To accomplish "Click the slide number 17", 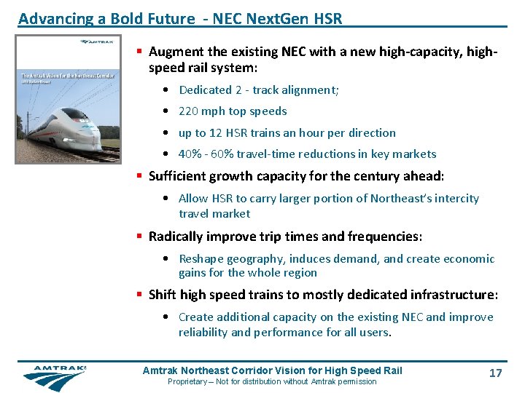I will pyautogui.click(x=495, y=373).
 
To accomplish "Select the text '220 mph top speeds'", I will pyautogui.click(x=233, y=111).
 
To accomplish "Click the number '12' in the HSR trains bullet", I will pyautogui.click(x=216, y=133).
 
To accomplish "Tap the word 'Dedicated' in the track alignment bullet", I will pyautogui.click(x=205, y=90).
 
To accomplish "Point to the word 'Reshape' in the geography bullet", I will pyautogui.click(x=201, y=259).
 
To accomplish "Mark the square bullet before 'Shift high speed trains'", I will pyautogui.click(x=141, y=295).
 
